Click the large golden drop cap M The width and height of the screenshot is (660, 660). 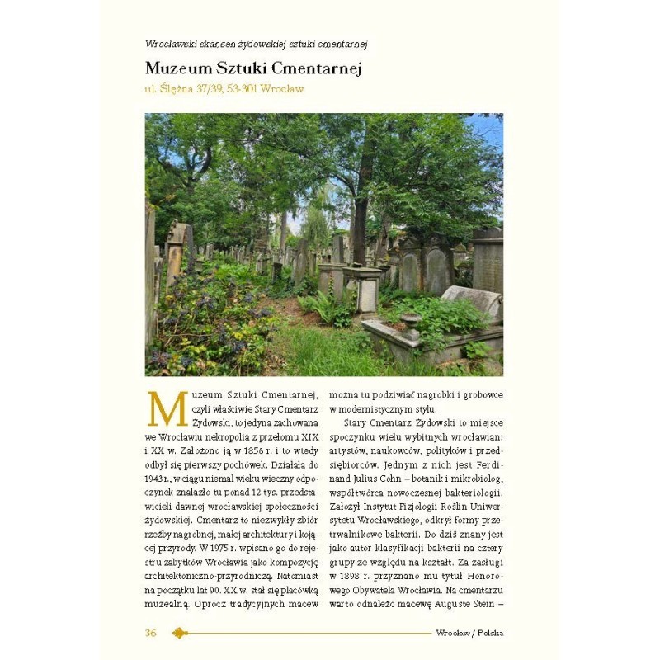click(x=167, y=408)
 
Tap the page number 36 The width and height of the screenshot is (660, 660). click(x=151, y=633)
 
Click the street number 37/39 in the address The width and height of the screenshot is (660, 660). click(x=206, y=89)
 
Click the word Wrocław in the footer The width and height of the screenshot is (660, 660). click(x=452, y=633)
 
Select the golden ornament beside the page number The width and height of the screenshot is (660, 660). click(x=180, y=633)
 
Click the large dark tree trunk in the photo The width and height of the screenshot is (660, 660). click(x=361, y=214)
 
